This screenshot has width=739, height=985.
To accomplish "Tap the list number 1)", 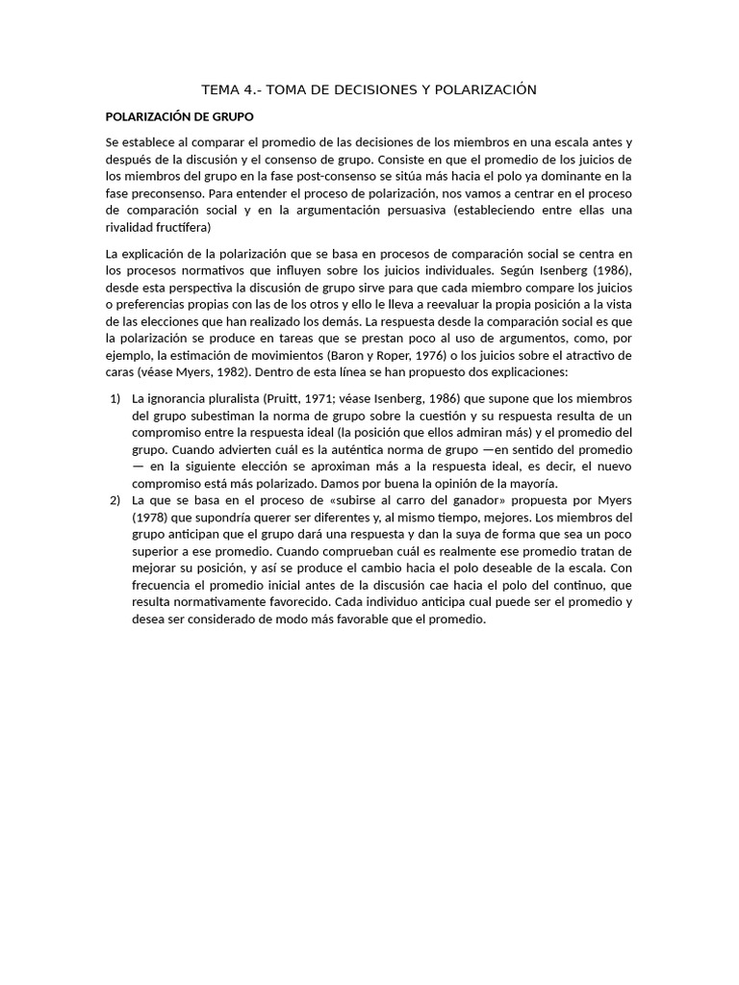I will [115, 397].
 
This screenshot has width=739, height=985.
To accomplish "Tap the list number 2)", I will [115, 500].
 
